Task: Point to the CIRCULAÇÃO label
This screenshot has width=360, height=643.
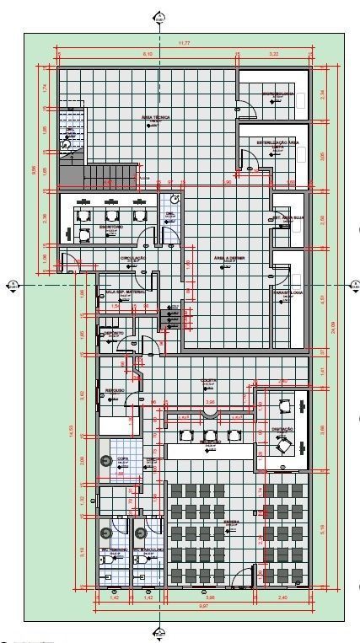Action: pyautogui.click(x=133, y=258)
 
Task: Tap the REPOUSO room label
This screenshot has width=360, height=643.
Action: pyautogui.click(x=115, y=390)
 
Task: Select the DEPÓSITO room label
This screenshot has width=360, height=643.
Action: pyautogui.click(x=114, y=334)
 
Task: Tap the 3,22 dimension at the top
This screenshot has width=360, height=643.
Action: pyautogui.click(x=273, y=53)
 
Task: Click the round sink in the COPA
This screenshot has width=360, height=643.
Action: pyautogui.click(x=105, y=460)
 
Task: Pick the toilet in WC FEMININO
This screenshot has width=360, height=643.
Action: pyautogui.click(x=105, y=533)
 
